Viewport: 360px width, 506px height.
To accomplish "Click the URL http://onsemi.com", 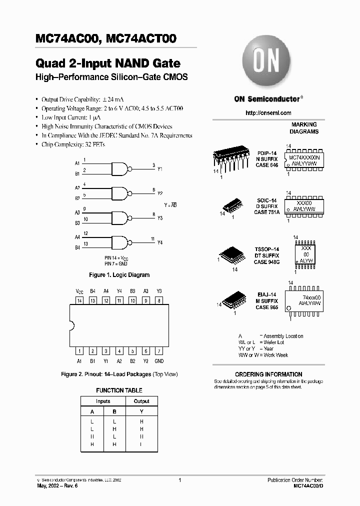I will click(x=268, y=113).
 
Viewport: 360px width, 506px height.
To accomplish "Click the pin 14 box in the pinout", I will click(x=79, y=300).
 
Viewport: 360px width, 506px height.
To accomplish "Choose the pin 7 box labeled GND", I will click(x=158, y=351).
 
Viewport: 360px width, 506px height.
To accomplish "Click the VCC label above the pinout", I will click(x=79, y=291).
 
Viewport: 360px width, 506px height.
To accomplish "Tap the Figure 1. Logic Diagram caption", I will click(x=119, y=275).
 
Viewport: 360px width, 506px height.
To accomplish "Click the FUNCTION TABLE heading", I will click(x=119, y=390).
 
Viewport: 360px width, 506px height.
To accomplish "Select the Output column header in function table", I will click(x=141, y=401).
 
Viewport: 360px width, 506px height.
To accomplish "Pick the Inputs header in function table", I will click(x=103, y=401).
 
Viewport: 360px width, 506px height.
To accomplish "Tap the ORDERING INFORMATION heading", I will click(x=268, y=374).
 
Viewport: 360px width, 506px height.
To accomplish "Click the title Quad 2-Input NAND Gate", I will click(x=108, y=64).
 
